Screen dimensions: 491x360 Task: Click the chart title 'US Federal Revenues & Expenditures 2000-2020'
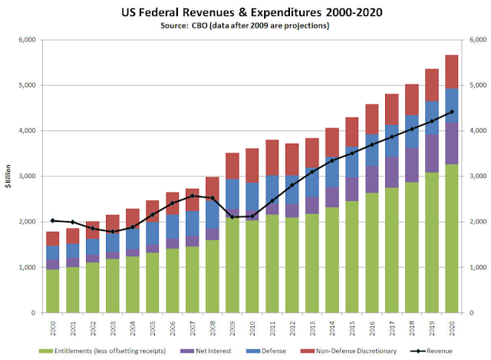tap(252, 12)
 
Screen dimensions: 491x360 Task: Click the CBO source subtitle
tap(245, 25)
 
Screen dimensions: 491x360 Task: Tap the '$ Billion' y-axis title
tap(8, 176)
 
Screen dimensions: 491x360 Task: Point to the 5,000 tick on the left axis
tap(28, 85)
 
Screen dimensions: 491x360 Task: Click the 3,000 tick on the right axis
tap(478, 176)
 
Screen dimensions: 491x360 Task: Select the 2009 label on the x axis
tap(232, 328)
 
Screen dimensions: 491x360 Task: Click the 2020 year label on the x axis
tap(452, 328)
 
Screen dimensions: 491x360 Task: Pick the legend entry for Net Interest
tap(206, 351)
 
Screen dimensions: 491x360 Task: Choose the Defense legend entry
tap(266, 351)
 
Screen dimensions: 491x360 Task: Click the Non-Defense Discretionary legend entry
tap(348, 351)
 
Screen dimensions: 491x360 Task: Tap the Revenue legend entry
tap(431, 351)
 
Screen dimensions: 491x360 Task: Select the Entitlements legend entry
tap(102, 351)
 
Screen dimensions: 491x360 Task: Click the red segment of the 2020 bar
tap(452, 71)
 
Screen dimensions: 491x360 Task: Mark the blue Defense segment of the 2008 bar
tap(213, 214)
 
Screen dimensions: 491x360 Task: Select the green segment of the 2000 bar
tap(53, 291)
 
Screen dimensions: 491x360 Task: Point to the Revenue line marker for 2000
tap(53, 220)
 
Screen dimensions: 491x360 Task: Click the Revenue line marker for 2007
tap(193, 196)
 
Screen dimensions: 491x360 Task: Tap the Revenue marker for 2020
tap(452, 112)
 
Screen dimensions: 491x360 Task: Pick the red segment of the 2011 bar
tap(272, 157)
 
